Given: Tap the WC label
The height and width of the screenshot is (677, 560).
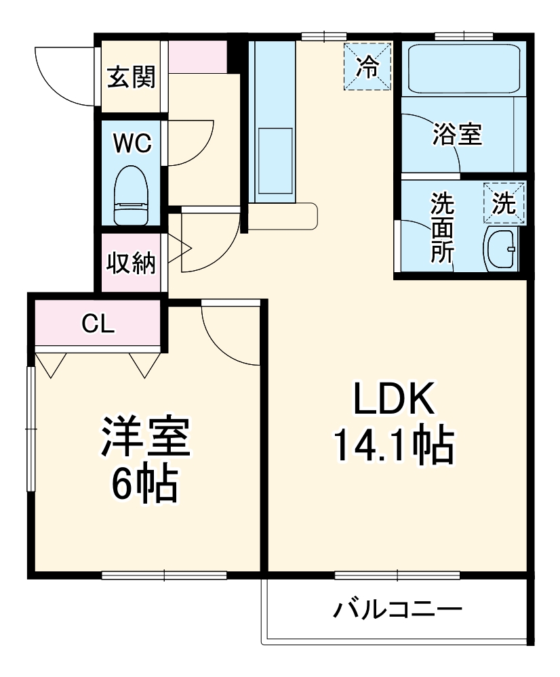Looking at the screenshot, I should pos(132,143).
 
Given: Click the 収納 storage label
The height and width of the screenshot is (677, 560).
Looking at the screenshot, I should pos(131,263).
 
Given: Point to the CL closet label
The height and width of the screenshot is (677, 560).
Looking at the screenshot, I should pos(98,324).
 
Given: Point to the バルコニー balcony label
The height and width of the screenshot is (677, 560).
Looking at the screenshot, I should pos(397,611).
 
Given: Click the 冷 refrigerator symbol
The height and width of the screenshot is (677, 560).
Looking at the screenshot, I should pos(367,66).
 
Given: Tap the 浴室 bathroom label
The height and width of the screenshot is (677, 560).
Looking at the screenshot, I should pos(457,135).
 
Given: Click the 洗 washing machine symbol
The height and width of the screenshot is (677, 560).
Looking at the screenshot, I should pos(504,203).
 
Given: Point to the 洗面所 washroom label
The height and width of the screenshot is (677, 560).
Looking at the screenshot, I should pos(443,227).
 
